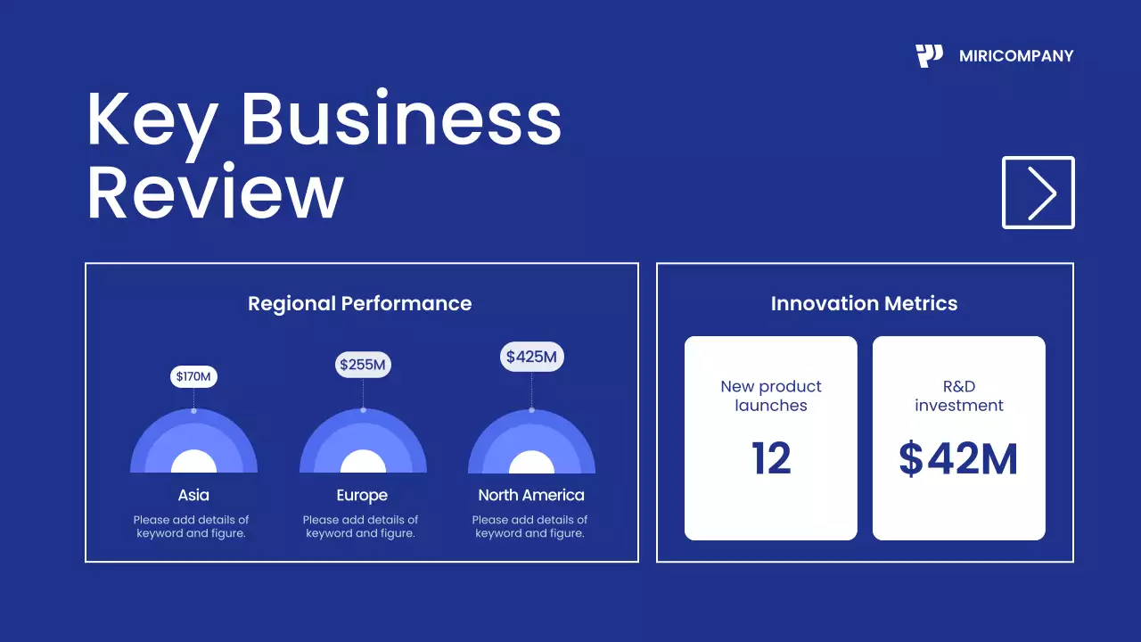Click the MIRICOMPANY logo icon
coord(929,56)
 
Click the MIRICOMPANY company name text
coord(1016,56)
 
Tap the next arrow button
coord(1038,193)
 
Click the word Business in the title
coord(401,120)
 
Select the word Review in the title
coord(215,193)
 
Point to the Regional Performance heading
coord(359,303)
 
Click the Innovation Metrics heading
coord(864,303)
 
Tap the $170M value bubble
coord(193,376)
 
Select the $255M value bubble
coord(363,364)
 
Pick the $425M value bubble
coord(531,358)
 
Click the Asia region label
coord(193,495)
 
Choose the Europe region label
coord(362,495)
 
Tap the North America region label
coord(531,495)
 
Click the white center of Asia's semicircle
coord(193,463)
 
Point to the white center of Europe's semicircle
coord(363,463)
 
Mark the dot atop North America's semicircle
coord(532,410)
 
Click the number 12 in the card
coord(771,458)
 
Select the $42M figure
coord(958,458)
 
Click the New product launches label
coord(771,396)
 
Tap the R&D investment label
coord(958,396)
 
